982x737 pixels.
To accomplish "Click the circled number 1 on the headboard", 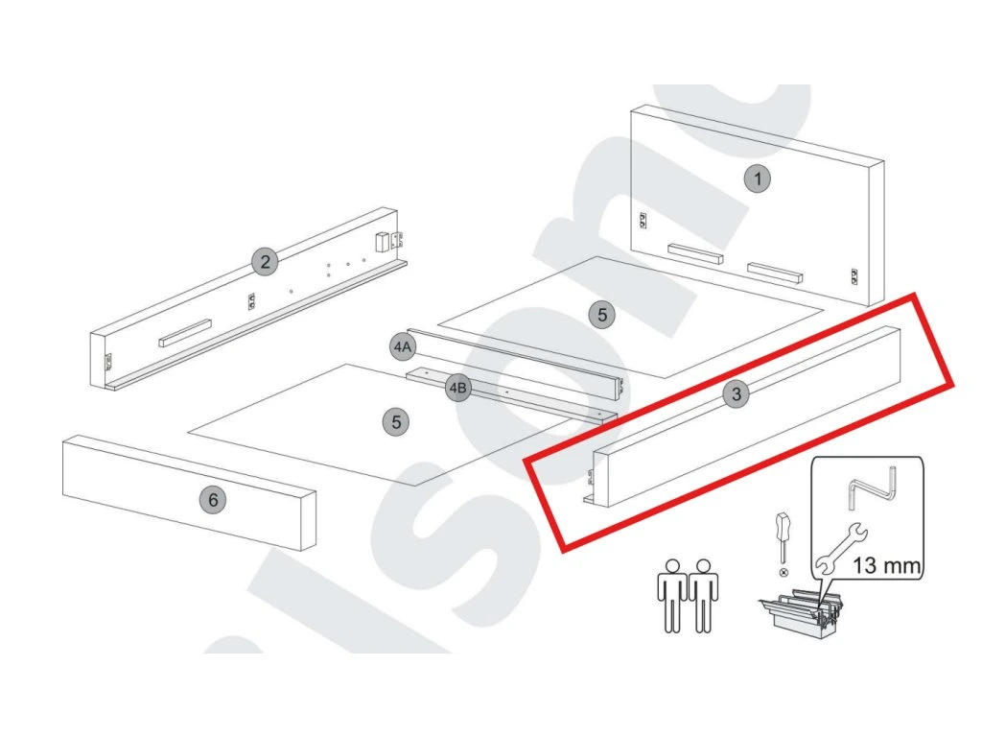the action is [758, 178].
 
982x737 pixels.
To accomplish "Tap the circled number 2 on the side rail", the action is [265, 261].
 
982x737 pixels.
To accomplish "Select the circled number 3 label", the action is [736, 393].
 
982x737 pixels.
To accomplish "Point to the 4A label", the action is [402, 345].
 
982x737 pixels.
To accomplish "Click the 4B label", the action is [458, 388].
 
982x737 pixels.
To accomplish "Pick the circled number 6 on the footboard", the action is [213, 499].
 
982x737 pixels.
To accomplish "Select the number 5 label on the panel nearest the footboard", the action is [395, 420].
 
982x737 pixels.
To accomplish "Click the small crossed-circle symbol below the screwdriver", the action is [784, 572].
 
